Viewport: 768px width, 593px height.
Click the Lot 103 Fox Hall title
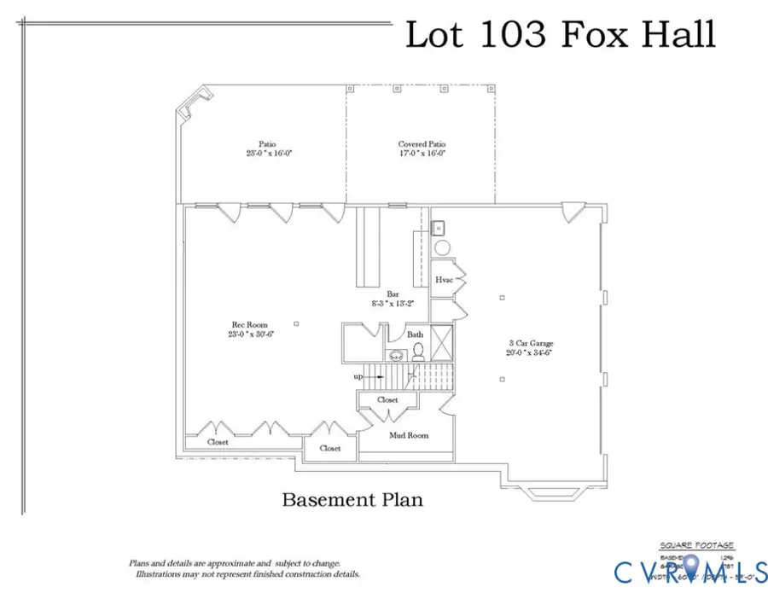click(559, 35)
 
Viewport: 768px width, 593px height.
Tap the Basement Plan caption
click(352, 499)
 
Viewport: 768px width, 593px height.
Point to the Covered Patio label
click(422, 144)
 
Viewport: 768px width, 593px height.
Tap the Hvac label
click(444, 280)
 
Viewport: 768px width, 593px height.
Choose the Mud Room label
click(408, 435)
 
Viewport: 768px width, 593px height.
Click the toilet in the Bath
click(418, 351)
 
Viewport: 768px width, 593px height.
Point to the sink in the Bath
click(396, 356)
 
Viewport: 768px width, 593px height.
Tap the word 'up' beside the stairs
click(359, 375)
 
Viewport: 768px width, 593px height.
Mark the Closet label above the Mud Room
click(387, 398)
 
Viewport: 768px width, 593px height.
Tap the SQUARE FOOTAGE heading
click(696, 545)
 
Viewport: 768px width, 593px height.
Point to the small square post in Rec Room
click(296, 323)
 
